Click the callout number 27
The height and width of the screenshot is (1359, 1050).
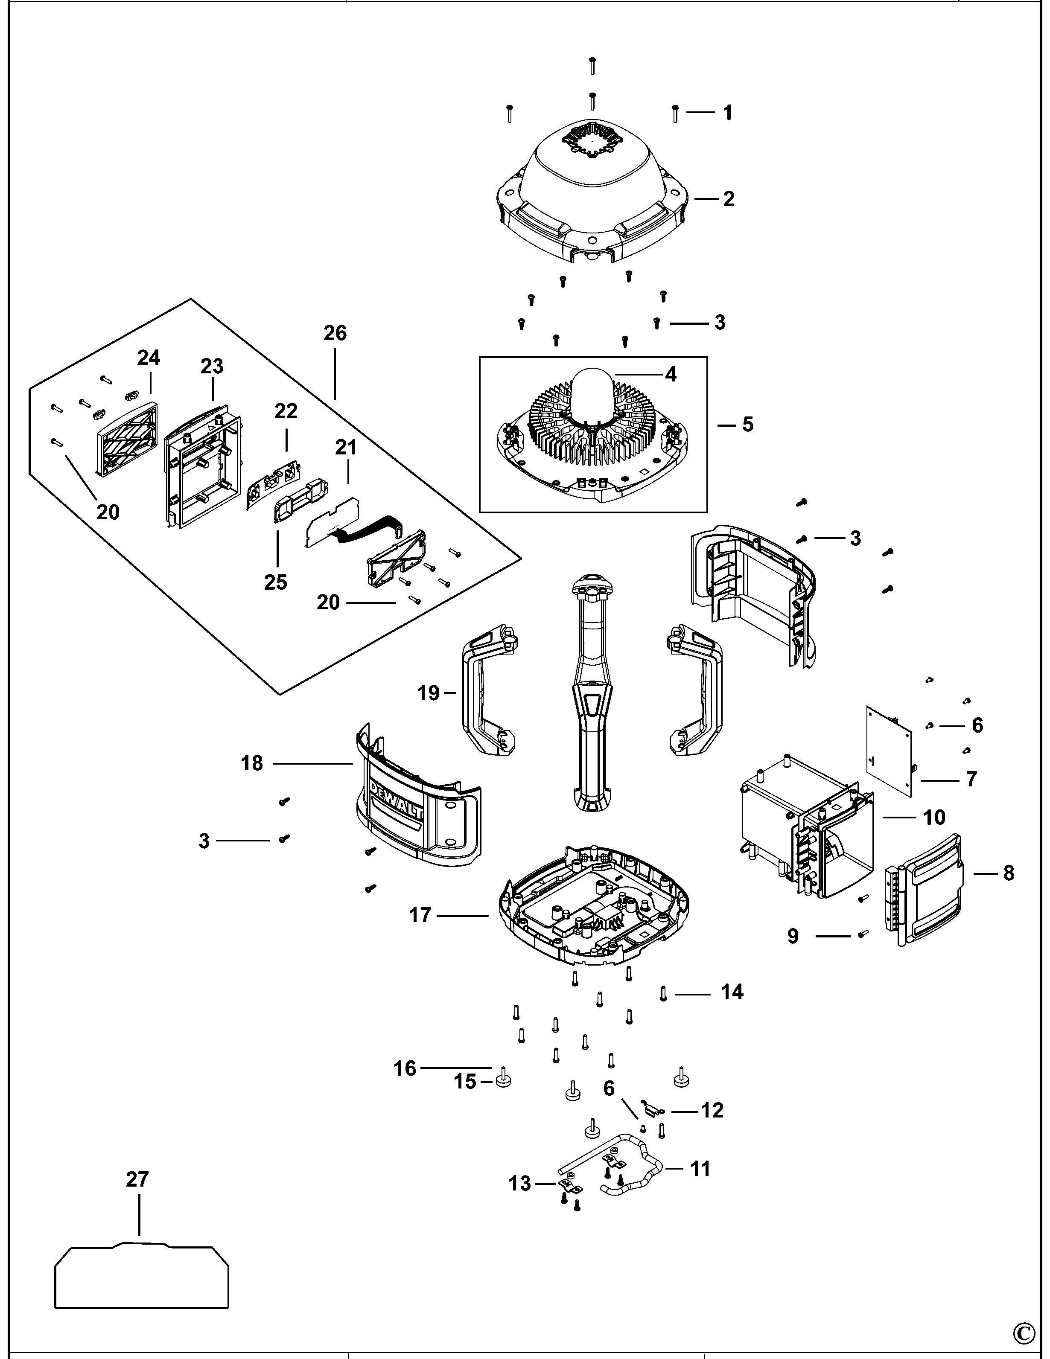pos(137,1179)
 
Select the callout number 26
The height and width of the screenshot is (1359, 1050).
pos(335,333)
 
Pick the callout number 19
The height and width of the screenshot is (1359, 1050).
pos(428,693)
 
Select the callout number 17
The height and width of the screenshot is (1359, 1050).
pos(420,915)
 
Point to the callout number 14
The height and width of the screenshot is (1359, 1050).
pos(732,991)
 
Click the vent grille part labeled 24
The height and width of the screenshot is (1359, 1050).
pos(128,439)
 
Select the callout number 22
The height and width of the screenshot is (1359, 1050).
pos(286,410)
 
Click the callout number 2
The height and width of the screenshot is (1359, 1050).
pos(728,199)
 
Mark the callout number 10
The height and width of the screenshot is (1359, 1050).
pos(933,817)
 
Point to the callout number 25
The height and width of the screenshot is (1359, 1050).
pos(276,582)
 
